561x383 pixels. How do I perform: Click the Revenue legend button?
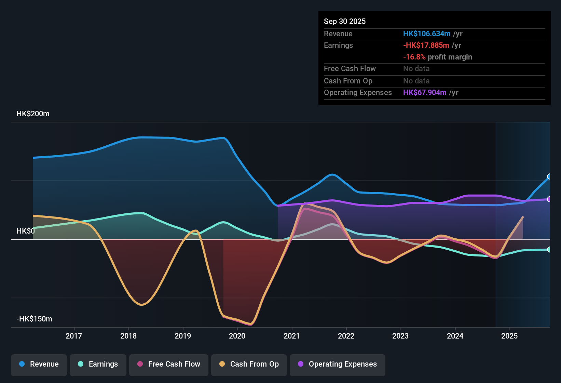(39, 364)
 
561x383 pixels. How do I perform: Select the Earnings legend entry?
(98, 364)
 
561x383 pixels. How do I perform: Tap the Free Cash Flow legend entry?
(169, 364)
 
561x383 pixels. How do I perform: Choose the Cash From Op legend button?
(249, 364)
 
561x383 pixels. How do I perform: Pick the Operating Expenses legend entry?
(338, 364)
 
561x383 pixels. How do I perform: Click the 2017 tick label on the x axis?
(74, 336)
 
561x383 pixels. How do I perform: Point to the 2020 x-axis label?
(237, 336)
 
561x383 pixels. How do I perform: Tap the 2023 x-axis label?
(400, 336)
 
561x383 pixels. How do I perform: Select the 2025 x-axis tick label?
(509, 336)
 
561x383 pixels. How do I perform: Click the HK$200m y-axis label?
(33, 114)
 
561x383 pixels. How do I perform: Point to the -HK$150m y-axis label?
(34, 319)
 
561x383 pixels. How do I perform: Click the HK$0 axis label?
(26, 231)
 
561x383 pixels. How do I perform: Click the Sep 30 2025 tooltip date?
(344, 22)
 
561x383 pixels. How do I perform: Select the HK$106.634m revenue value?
(426, 34)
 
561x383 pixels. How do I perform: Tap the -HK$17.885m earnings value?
(426, 45)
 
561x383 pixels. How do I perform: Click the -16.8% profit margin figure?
(414, 57)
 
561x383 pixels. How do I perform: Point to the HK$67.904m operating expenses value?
(424, 93)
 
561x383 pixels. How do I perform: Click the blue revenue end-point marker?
(549, 176)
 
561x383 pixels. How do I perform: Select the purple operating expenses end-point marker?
(549, 199)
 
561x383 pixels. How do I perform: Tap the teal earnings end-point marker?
(549, 250)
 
